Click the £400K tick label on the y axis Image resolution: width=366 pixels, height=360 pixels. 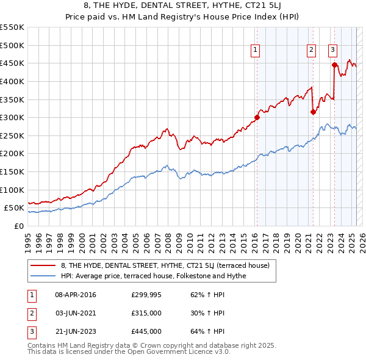[12, 81]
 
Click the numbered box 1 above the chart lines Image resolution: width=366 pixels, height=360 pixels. [255, 51]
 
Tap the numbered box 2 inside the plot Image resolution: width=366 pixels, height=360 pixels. [311, 51]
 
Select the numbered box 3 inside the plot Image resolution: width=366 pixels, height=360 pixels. [332, 51]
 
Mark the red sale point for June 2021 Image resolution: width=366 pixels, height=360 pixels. [313, 112]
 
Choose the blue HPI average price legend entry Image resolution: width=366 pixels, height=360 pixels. [153, 276]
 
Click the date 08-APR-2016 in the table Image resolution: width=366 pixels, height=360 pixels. [76, 295]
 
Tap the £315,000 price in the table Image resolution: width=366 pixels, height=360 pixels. [146, 313]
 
